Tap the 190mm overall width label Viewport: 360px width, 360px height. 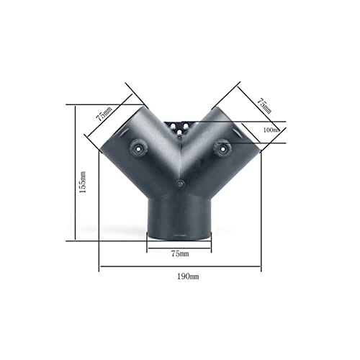click(x=180, y=276)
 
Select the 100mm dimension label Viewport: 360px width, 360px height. click(x=271, y=130)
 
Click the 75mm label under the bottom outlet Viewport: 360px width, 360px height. click(x=180, y=253)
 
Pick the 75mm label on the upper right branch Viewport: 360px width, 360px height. click(x=264, y=106)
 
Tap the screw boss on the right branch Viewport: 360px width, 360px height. click(x=223, y=147)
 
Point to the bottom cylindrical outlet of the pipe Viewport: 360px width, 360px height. click(x=180, y=216)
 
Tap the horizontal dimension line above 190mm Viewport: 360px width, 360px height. click(x=180, y=269)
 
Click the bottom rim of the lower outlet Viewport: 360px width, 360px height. click(x=180, y=235)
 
